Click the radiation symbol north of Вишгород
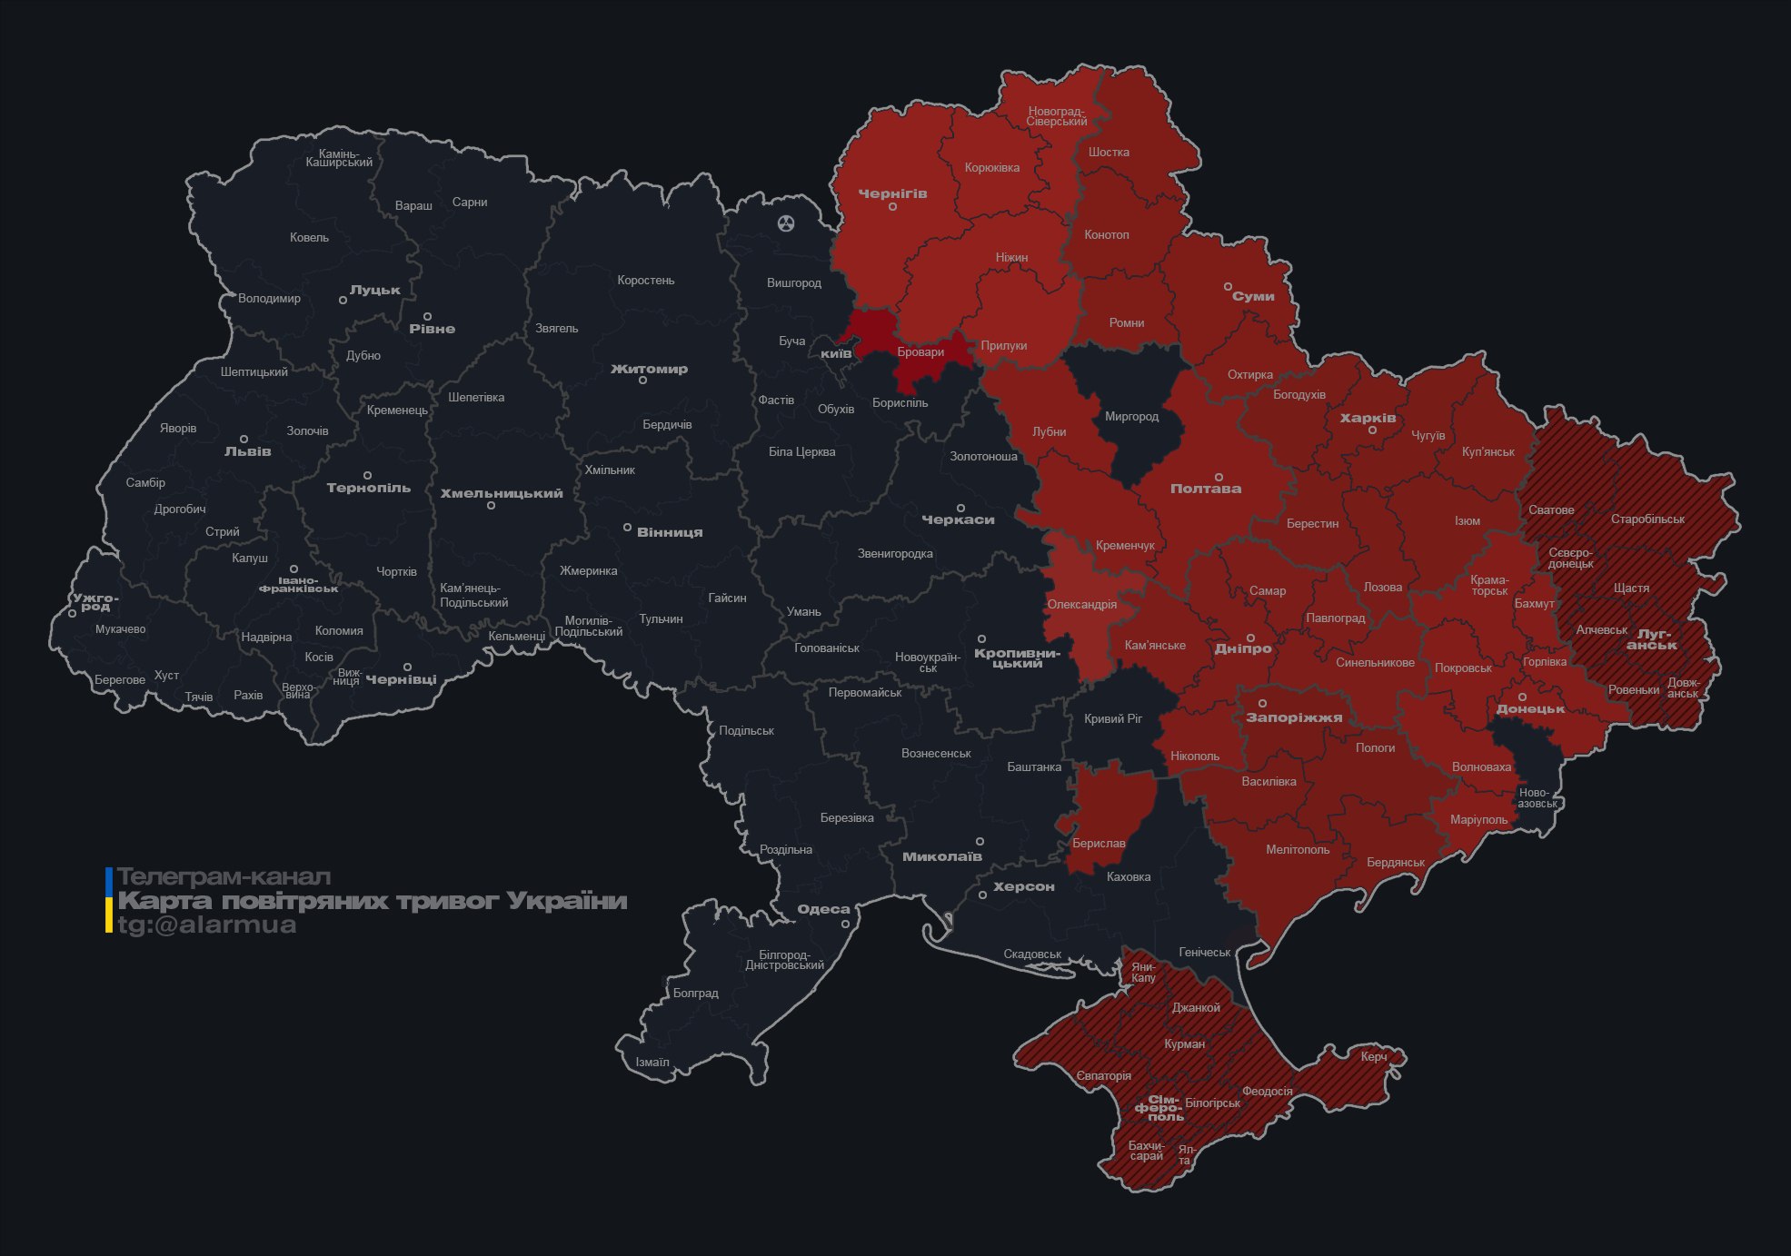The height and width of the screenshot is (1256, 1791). (786, 223)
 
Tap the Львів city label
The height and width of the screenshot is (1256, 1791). (247, 451)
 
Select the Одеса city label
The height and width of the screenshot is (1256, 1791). (823, 909)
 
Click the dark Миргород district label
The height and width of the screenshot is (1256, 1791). (1131, 417)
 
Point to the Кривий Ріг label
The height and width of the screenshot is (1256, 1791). (1112, 718)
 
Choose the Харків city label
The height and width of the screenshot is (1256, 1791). (1368, 419)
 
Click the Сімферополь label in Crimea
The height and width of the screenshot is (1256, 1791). (1159, 1108)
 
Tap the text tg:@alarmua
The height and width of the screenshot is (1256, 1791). (206, 925)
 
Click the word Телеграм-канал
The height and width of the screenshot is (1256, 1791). (224, 876)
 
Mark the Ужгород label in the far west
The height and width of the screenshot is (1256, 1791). (95, 602)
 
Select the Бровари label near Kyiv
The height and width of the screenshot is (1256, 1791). (920, 352)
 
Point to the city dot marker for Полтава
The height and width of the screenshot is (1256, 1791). (1219, 477)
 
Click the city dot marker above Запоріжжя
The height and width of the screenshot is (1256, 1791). (1262, 703)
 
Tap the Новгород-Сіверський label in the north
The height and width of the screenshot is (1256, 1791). (1057, 116)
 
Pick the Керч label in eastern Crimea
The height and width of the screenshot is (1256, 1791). (1373, 1056)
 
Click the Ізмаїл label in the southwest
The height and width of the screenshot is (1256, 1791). (652, 1062)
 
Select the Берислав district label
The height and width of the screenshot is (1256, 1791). (1098, 843)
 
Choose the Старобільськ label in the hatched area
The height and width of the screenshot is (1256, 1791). (1647, 519)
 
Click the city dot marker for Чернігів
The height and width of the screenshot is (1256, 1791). (892, 207)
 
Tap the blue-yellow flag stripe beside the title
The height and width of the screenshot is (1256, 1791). (109, 900)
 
